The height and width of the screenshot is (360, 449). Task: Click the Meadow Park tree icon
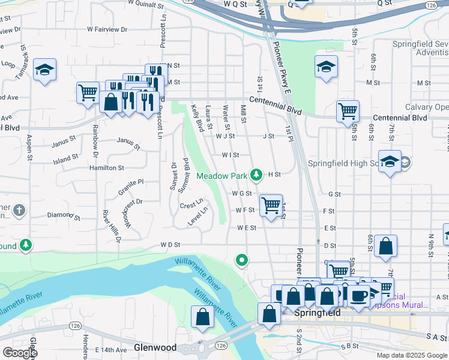coord(256,175)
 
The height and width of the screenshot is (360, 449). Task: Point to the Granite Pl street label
coord(130,182)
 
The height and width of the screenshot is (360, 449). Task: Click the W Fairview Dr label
coord(107,29)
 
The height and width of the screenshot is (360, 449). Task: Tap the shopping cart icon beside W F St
coord(271,205)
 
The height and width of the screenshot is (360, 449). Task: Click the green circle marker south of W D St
coord(241,260)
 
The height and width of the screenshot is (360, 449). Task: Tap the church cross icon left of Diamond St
coord(19,210)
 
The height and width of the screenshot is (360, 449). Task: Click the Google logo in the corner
coord(19,353)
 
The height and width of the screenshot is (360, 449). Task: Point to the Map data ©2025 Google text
coord(412,355)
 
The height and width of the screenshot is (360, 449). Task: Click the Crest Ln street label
coord(191,205)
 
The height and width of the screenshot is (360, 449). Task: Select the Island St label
coord(66,158)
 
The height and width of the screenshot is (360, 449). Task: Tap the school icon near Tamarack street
coord(44,70)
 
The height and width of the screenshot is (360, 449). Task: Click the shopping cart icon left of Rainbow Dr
coord(88,92)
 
